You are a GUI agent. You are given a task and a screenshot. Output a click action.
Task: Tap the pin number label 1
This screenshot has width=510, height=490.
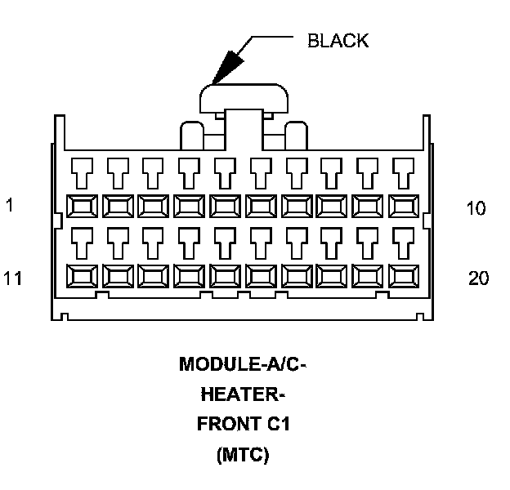pyautogui.click(x=9, y=207)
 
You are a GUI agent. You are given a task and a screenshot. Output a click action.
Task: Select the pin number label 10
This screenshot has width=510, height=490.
pyautogui.click(x=476, y=208)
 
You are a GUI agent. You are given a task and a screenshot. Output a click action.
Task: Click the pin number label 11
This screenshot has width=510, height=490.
pyautogui.click(x=12, y=278)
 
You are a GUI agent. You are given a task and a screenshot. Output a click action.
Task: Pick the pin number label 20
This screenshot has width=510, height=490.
pyautogui.click(x=478, y=278)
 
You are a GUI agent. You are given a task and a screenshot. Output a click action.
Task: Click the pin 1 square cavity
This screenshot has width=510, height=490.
pyautogui.click(x=80, y=206)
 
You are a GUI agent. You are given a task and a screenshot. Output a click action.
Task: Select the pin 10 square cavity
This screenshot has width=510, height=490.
pyautogui.click(x=404, y=206)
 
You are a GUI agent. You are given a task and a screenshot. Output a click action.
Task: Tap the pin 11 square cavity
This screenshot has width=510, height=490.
pyautogui.click(x=80, y=276)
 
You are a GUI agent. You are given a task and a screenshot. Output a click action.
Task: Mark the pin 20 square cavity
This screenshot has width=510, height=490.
pyautogui.click(x=404, y=276)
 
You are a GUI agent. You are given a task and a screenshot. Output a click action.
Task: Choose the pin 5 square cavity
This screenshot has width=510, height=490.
pyautogui.click(x=224, y=206)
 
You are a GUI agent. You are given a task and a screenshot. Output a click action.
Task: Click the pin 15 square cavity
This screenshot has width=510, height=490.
pyautogui.click(x=224, y=276)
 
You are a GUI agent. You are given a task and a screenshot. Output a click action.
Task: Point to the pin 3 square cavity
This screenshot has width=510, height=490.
pyautogui.click(x=152, y=206)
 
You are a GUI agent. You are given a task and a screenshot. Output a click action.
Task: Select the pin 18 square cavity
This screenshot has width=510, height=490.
pyautogui.click(x=332, y=276)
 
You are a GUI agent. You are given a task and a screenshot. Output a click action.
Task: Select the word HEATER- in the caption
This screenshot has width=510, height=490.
pyautogui.click(x=243, y=395)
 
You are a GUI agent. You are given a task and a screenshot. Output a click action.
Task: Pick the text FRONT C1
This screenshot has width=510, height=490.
pyautogui.click(x=243, y=425)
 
